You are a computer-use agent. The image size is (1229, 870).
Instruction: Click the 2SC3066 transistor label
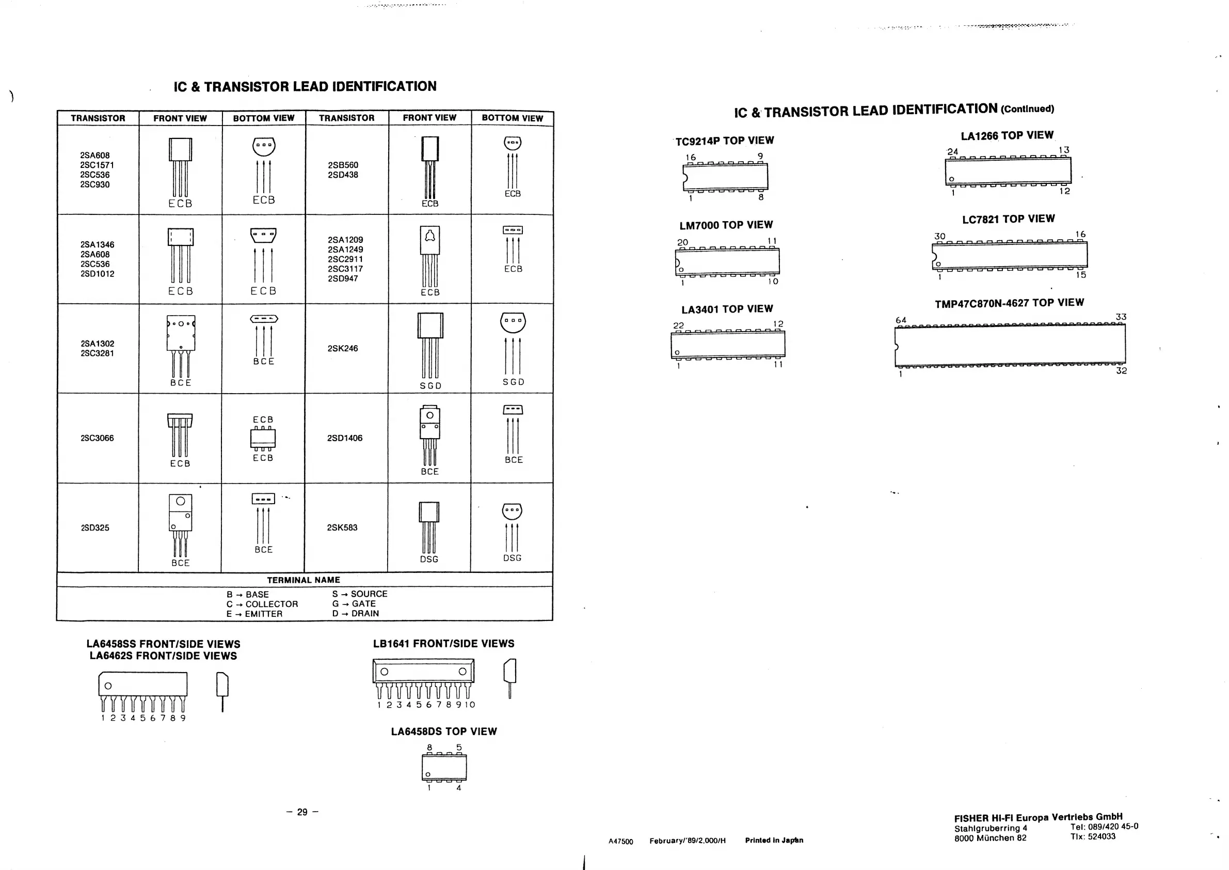(97, 438)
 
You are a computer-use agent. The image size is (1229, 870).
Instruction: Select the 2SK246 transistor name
(343, 348)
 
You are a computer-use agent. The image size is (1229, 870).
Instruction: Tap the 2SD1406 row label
(345, 438)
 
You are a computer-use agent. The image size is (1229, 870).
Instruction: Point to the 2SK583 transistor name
(342, 527)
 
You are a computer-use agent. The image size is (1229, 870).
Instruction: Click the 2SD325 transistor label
(95, 527)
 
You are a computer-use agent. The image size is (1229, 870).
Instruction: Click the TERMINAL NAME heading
(304, 580)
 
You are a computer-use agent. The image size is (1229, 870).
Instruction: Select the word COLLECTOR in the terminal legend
(272, 604)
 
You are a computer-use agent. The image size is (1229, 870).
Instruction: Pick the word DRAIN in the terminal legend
(365, 613)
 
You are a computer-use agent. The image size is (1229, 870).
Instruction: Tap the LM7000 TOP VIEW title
(726, 225)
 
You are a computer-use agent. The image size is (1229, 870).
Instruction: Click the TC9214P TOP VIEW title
(724, 141)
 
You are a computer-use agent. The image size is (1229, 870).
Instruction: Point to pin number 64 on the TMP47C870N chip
(901, 320)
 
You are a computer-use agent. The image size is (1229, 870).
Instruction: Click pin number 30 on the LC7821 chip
(939, 236)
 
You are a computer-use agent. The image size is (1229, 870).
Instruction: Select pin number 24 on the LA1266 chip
(952, 151)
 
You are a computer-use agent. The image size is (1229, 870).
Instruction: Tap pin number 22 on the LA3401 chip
(678, 325)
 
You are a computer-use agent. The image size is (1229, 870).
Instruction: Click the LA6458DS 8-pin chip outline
(444, 767)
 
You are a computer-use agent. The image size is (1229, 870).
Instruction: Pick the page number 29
(302, 812)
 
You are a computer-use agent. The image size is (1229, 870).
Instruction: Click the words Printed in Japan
(774, 840)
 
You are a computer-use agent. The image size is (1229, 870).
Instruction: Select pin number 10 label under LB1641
(470, 705)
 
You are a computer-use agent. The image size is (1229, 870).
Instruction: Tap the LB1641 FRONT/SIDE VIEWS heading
(444, 643)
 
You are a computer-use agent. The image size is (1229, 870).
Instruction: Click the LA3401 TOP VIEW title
(727, 309)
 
